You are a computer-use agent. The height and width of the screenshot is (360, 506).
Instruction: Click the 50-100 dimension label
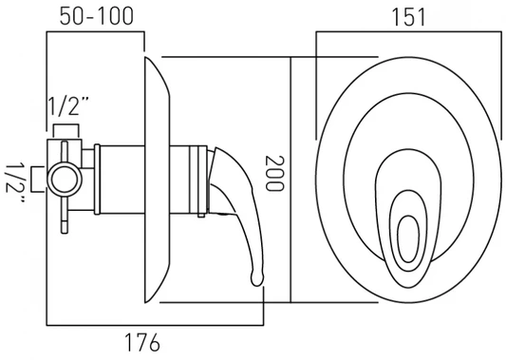coord(97,16)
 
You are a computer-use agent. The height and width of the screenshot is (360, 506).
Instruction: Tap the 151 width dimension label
coord(409,17)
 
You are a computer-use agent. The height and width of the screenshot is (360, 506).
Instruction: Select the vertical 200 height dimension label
coord(274,174)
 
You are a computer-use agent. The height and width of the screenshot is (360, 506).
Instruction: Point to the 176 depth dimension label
coord(142,342)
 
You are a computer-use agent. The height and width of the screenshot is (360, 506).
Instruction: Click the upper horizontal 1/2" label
coord(68,106)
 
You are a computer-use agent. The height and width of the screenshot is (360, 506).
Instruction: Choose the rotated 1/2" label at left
coord(14,183)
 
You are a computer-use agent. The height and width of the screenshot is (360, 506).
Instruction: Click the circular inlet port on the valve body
coord(65,180)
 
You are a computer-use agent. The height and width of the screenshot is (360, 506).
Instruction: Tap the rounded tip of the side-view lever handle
coord(257,279)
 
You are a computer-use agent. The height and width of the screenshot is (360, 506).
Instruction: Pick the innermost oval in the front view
coord(408,239)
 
